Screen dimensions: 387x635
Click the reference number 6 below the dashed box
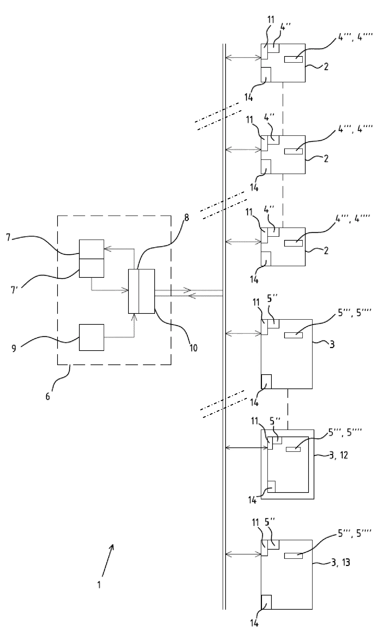(x=48, y=396)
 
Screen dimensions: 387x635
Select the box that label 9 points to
(x=91, y=337)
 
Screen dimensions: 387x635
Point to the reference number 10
(x=193, y=348)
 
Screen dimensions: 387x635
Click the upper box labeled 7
(x=91, y=249)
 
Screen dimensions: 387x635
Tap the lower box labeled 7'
(x=91, y=268)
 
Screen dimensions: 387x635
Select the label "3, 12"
(x=339, y=455)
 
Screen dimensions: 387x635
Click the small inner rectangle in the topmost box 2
(x=294, y=59)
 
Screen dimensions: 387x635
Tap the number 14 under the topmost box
(x=249, y=98)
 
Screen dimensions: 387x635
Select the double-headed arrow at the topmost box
(x=244, y=58)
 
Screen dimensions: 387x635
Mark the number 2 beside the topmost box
(x=326, y=67)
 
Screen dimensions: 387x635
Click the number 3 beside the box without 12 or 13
(x=332, y=344)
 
